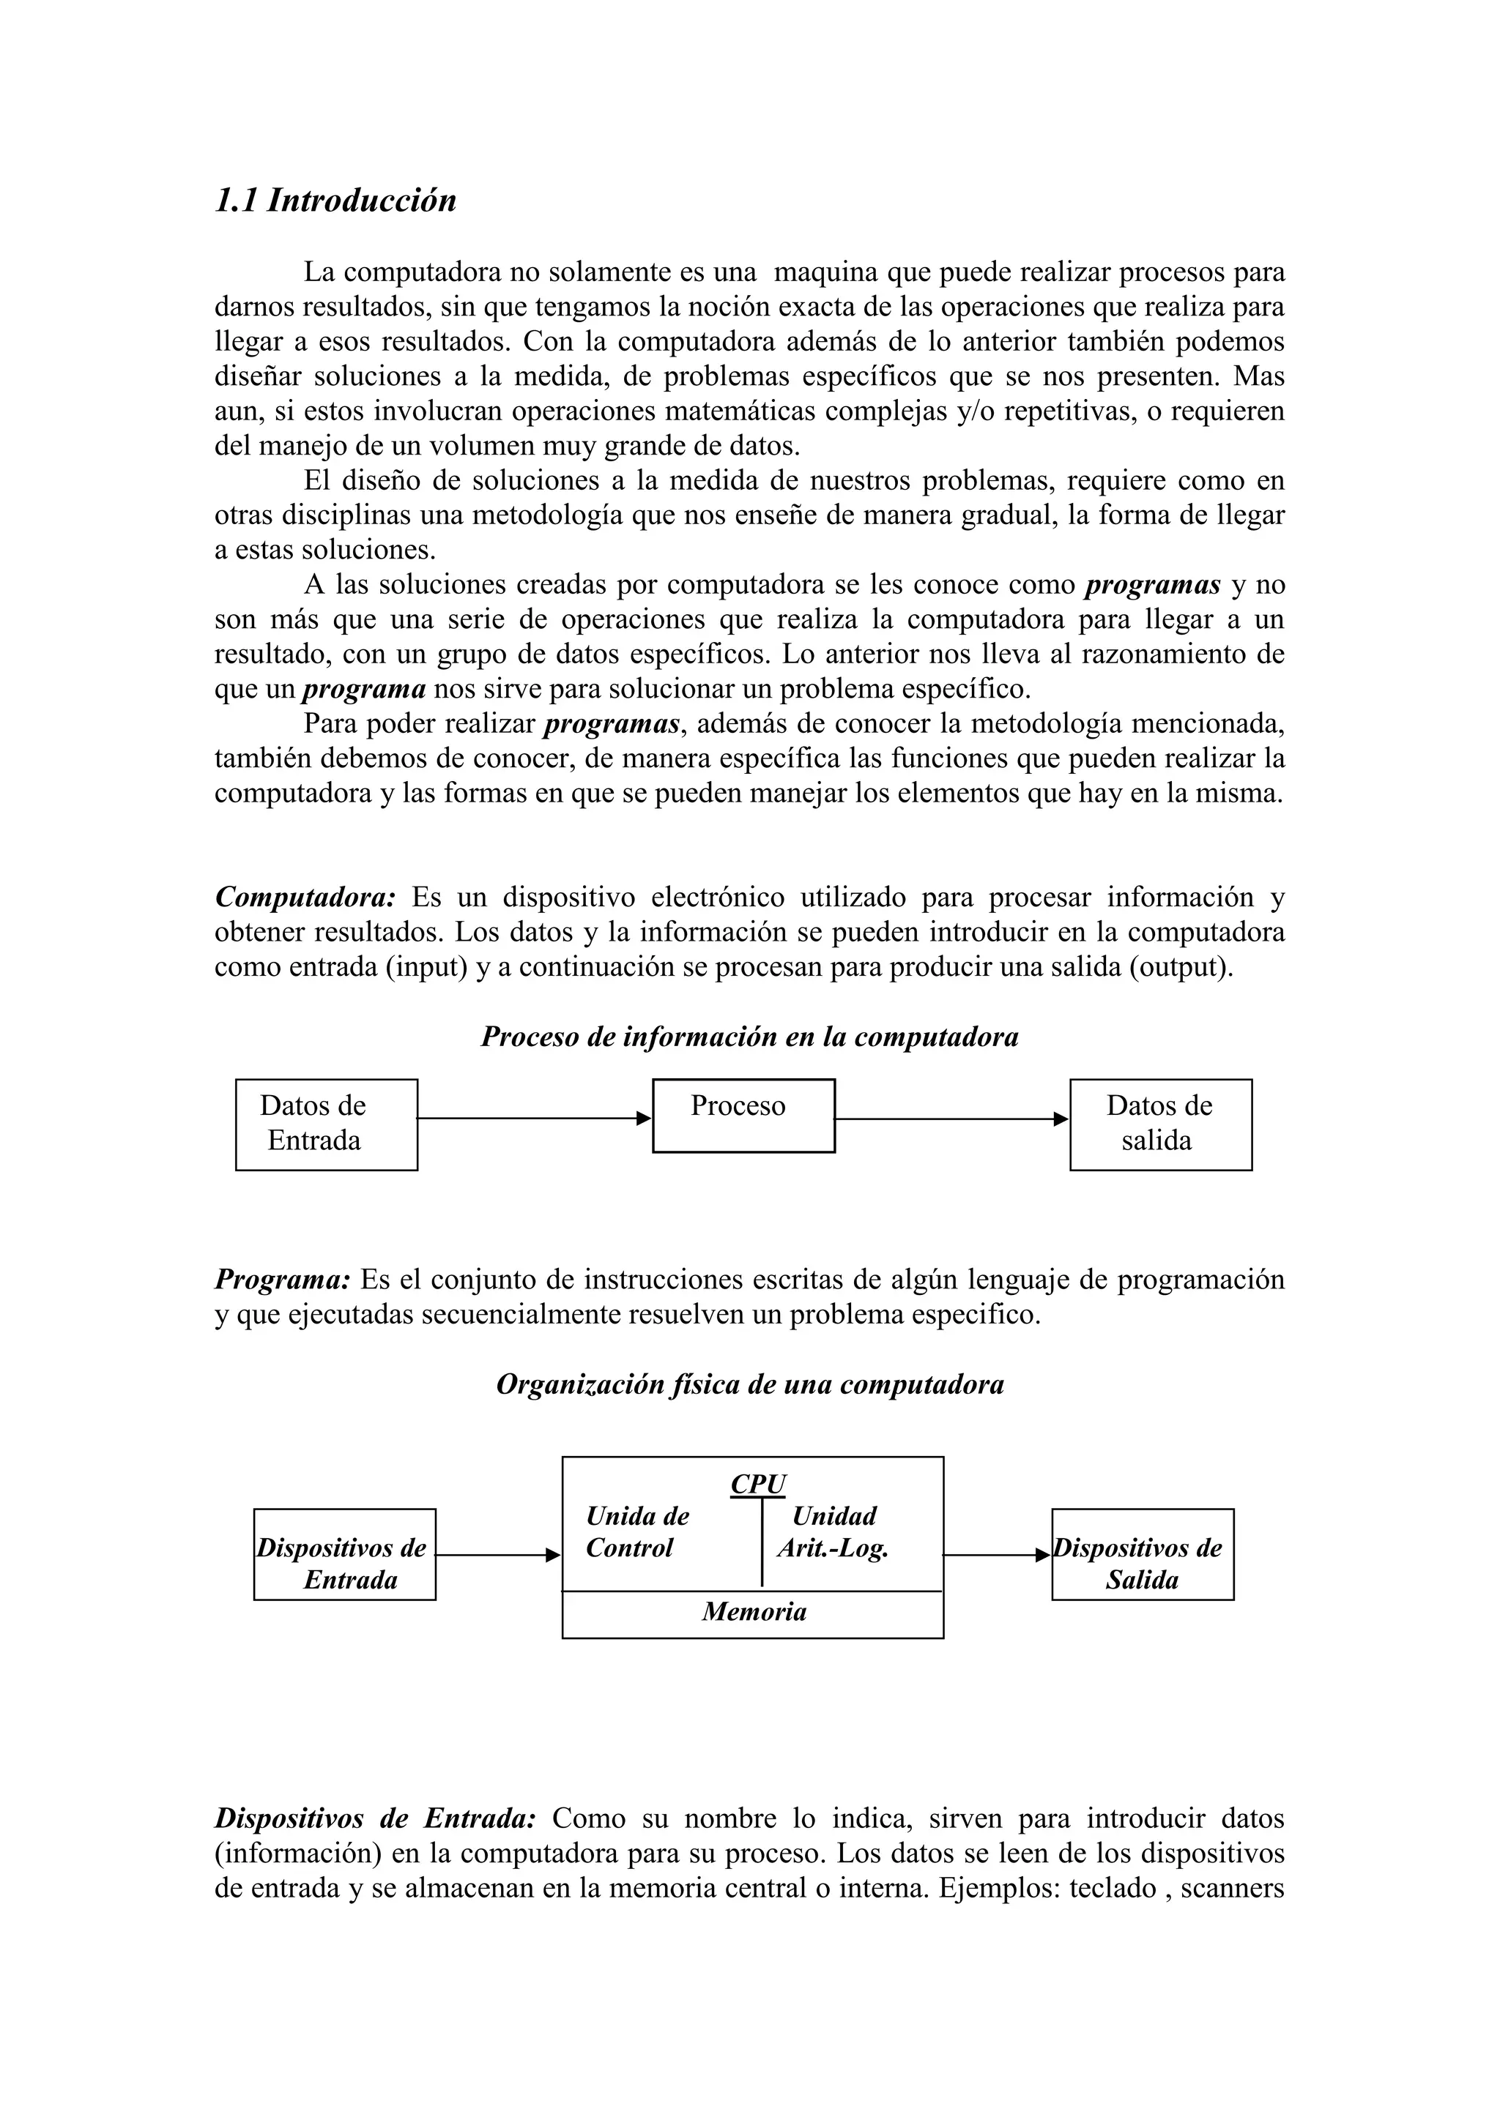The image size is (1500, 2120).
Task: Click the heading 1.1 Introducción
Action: coord(335,201)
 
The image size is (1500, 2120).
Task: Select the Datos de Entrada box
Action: coord(326,1124)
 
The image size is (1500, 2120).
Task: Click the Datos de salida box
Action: coord(1160,1124)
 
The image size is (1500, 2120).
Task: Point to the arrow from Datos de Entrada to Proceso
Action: coord(534,1118)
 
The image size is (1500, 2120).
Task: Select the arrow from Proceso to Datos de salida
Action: coord(951,1118)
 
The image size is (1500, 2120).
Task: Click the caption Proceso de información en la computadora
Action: coord(749,1037)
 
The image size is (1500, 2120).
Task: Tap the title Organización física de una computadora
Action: coord(749,1384)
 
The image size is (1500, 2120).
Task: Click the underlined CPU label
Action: coord(757,1484)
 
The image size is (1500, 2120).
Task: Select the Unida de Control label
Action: coord(637,1532)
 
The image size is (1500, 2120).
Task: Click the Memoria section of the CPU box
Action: coord(753,1612)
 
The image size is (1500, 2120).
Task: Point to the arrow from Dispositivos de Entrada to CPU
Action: coord(497,1555)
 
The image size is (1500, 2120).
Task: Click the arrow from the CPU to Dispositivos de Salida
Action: coord(995,1555)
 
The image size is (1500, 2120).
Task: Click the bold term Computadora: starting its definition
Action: coord(305,897)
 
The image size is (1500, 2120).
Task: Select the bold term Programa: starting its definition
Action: coord(282,1280)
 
